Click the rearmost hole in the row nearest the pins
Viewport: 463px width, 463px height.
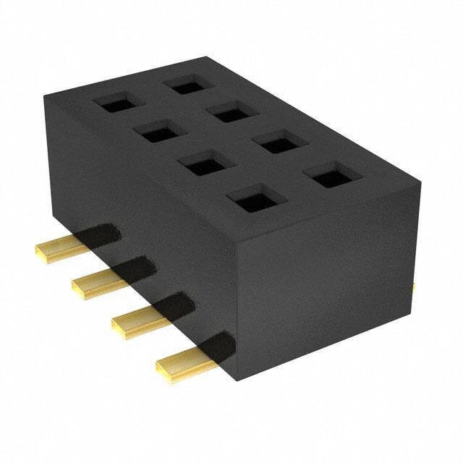click(115, 103)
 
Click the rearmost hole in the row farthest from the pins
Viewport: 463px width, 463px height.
click(187, 84)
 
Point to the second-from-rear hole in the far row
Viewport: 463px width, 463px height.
click(231, 111)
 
